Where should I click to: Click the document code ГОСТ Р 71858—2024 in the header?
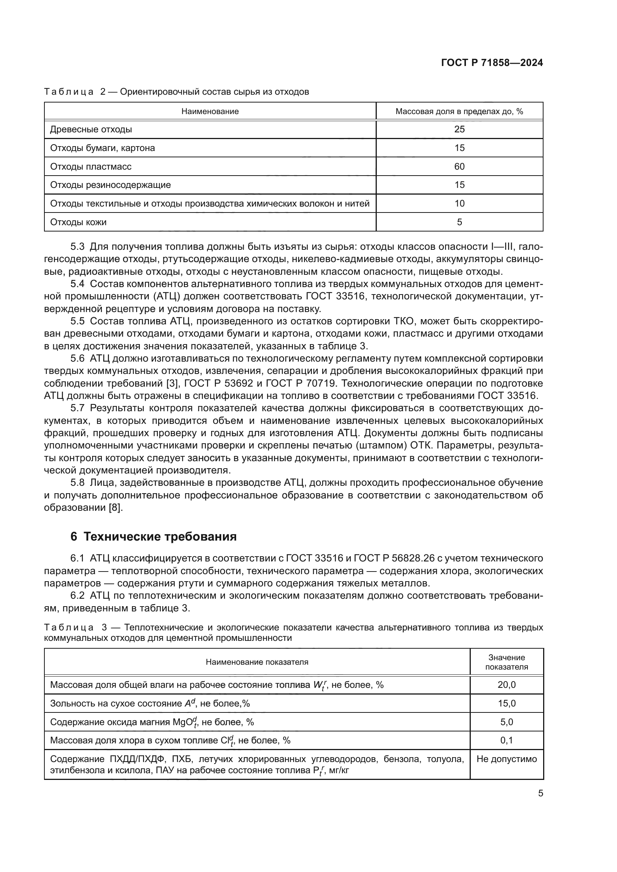point(492,63)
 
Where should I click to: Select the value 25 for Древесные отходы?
point(459,129)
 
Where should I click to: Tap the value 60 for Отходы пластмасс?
point(459,166)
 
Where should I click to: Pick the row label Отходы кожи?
point(78,222)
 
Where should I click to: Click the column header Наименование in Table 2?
point(210,111)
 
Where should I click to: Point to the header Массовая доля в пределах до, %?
point(459,111)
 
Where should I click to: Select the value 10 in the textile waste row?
point(459,204)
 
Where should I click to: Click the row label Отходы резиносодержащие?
point(110,185)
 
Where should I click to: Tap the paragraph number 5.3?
point(77,247)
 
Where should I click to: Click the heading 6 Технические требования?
point(153,536)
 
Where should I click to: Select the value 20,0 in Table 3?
point(507,685)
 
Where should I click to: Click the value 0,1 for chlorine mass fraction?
point(507,740)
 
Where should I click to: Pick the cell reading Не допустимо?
point(507,759)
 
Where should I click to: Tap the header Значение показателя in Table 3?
point(507,662)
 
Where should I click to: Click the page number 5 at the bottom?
point(540,793)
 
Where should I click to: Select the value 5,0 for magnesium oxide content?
point(507,722)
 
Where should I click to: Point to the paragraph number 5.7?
point(77,408)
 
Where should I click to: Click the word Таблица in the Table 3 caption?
point(69,627)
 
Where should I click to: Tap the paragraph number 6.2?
point(77,595)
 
